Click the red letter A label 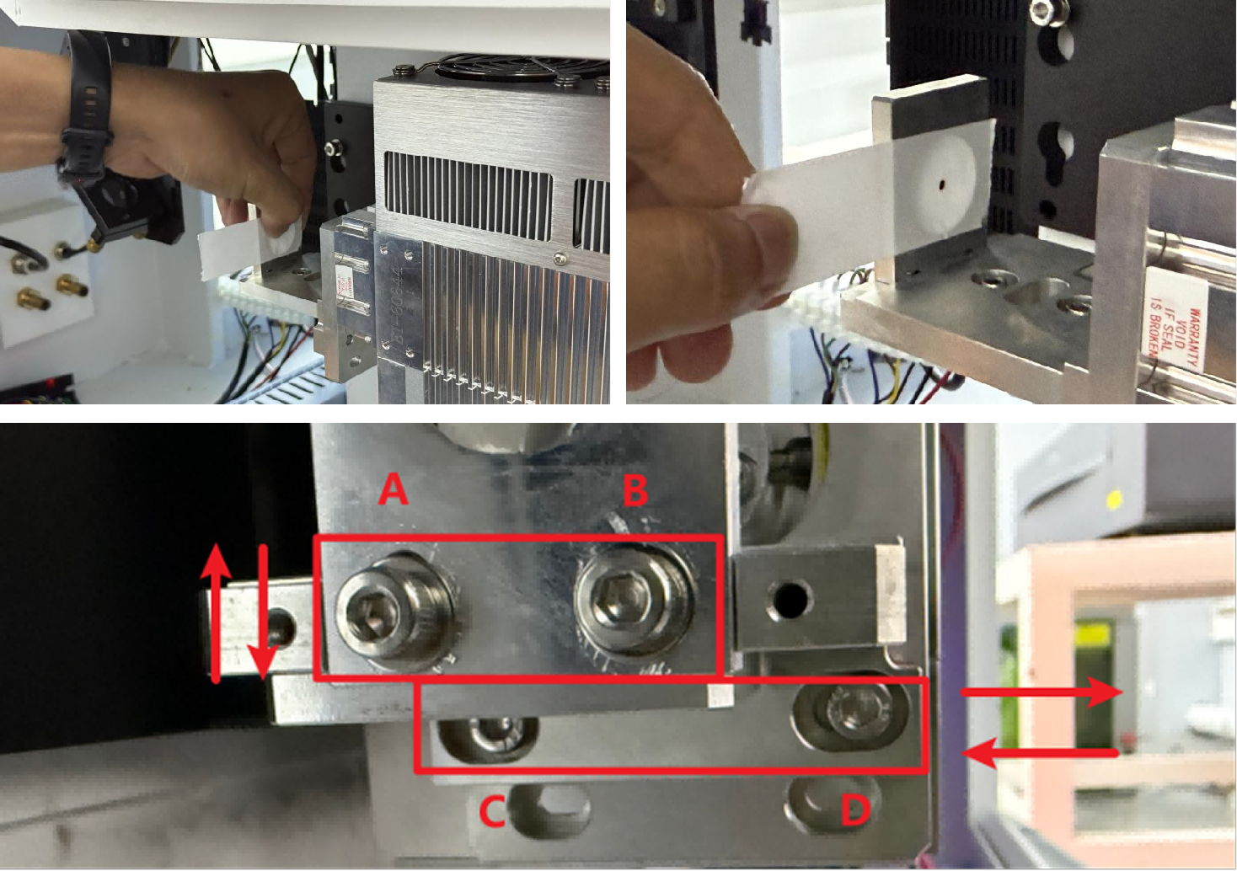coord(393,489)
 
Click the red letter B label coord(635,490)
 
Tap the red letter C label coord(491,811)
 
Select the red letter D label coord(854,810)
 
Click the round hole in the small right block coord(790,601)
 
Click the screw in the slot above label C coord(489,735)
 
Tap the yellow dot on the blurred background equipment coord(1115,500)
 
